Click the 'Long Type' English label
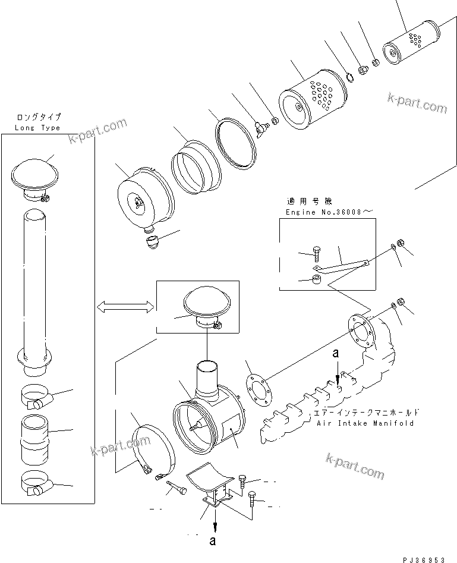pyautogui.click(x=37, y=128)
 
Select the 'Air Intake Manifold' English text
pyautogui.click(x=365, y=423)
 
